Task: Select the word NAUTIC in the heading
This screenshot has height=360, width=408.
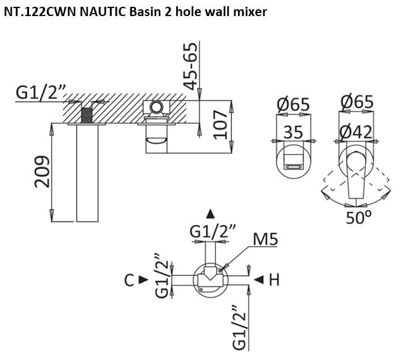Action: point(99,12)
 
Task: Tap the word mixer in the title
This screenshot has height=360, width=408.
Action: point(250,12)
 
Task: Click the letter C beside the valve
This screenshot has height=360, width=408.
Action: point(129,280)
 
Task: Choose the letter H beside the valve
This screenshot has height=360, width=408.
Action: point(274,280)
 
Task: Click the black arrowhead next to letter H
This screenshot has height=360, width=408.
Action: point(259,280)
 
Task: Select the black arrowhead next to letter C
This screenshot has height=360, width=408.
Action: point(143,280)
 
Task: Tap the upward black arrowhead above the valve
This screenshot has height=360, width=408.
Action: point(211,215)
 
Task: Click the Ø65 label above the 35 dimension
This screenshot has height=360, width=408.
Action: point(293,105)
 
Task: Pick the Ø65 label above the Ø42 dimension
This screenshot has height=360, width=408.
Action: point(357,101)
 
